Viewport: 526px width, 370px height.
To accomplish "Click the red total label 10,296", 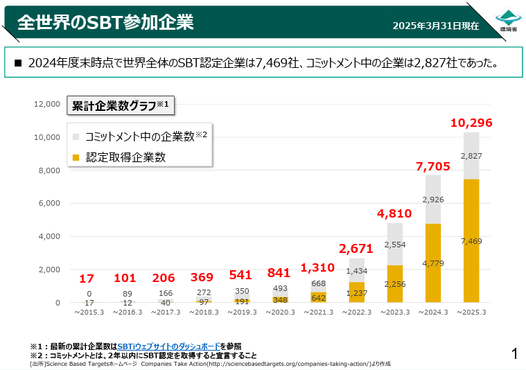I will click(471, 123).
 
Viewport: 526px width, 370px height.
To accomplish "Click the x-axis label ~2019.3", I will click(242, 312).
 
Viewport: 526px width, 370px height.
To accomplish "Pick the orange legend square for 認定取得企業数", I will click(76, 158).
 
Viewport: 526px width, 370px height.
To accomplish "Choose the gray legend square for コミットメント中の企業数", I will click(76, 137).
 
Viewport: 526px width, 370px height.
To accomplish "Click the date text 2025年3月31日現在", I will click(435, 26).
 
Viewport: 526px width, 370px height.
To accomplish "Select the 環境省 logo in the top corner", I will click(509, 20).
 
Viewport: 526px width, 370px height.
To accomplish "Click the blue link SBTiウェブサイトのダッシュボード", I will click(169, 346).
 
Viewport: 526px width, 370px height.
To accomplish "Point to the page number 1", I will click(514, 354).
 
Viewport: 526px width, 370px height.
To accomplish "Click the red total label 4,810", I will click(395, 213).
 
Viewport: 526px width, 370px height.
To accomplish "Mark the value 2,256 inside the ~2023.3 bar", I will click(395, 283).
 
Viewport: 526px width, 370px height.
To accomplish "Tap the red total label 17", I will click(87, 279).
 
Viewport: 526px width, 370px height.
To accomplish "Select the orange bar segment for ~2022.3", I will click(356, 292).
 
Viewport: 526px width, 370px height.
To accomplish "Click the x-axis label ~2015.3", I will click(89, 312).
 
